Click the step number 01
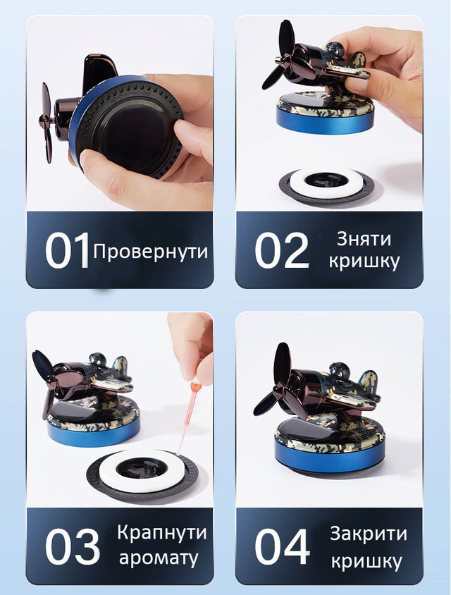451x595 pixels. pyautogui.click(x=67, y=250)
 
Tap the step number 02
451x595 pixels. pyautogui.click(x=282, y=250)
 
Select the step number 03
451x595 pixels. pyautogui.click(x=73, y=546)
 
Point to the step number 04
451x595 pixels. pyautogui.click(x=282, y=546)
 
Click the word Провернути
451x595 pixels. pyautogui.click(x=151, y=252)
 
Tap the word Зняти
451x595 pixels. pyautogui.click(x=364, y=239)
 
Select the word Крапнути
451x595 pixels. pyautogui.click(x=162, y=533)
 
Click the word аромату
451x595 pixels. pyautogui.click(x=159, y=558)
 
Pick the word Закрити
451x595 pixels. pyautogui.click(x=369, y=534)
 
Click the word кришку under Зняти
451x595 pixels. pyautogui.click(x=364, y=262)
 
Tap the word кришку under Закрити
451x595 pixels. pyautogui.click(x=366, y=561)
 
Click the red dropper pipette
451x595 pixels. pyautogui.click(x=187, y=418)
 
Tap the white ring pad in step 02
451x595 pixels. pyautogui.click(x=326, y=183)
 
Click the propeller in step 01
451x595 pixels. pyautogui.click(x=47, y=123)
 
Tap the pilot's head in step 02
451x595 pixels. pyautogui.click(x=335, y=49)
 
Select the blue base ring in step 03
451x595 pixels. pyautogui.click(x=94, y=433)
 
